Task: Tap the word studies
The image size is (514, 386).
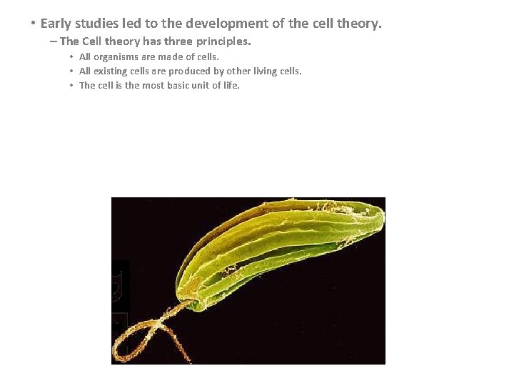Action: pos(101,24)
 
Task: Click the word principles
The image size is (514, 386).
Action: pos(226,41)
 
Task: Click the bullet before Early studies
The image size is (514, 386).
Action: pos(33,24)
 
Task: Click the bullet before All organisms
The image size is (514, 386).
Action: pos(72,56)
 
